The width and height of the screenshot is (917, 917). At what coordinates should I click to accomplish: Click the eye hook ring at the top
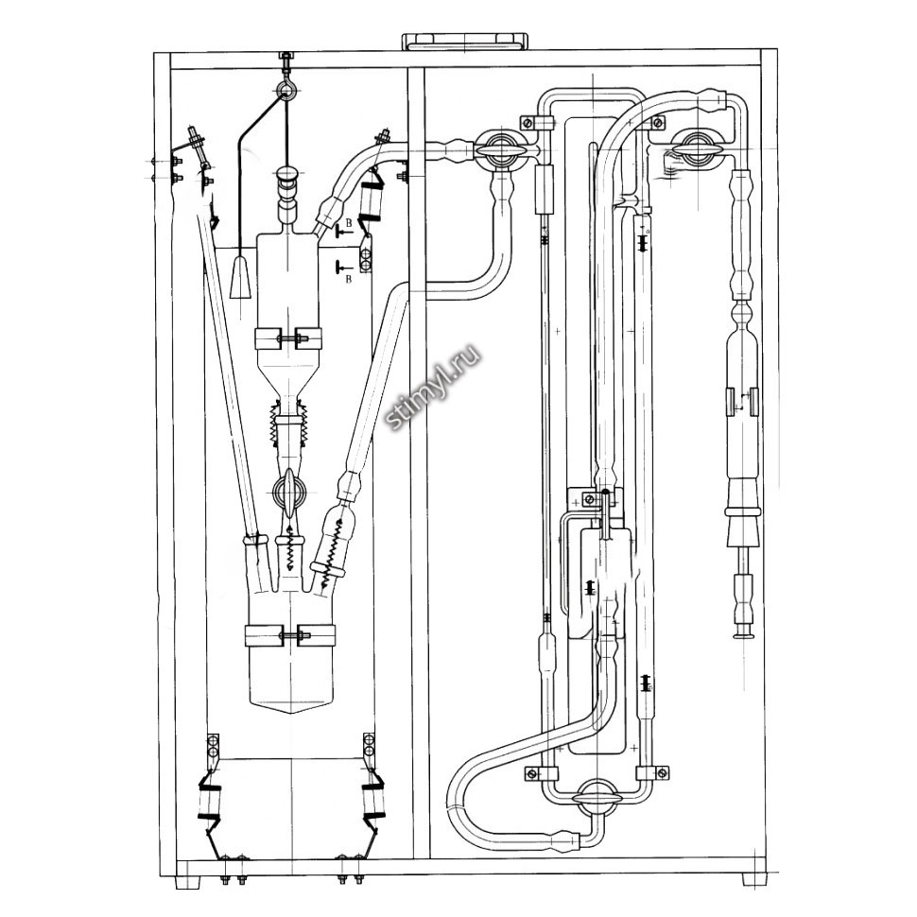click(285, 92)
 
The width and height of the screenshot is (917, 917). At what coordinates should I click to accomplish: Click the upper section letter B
click(349, 223)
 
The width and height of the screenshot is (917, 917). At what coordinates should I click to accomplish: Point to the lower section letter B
click(349, 279)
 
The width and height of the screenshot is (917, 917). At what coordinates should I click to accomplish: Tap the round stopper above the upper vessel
click(285, 177)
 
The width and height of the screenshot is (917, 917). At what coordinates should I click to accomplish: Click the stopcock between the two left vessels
click(288, 489)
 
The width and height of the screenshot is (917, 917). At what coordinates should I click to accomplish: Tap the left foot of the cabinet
click(188, 879)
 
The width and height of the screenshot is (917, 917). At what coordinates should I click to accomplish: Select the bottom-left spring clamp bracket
click(210, 789)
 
